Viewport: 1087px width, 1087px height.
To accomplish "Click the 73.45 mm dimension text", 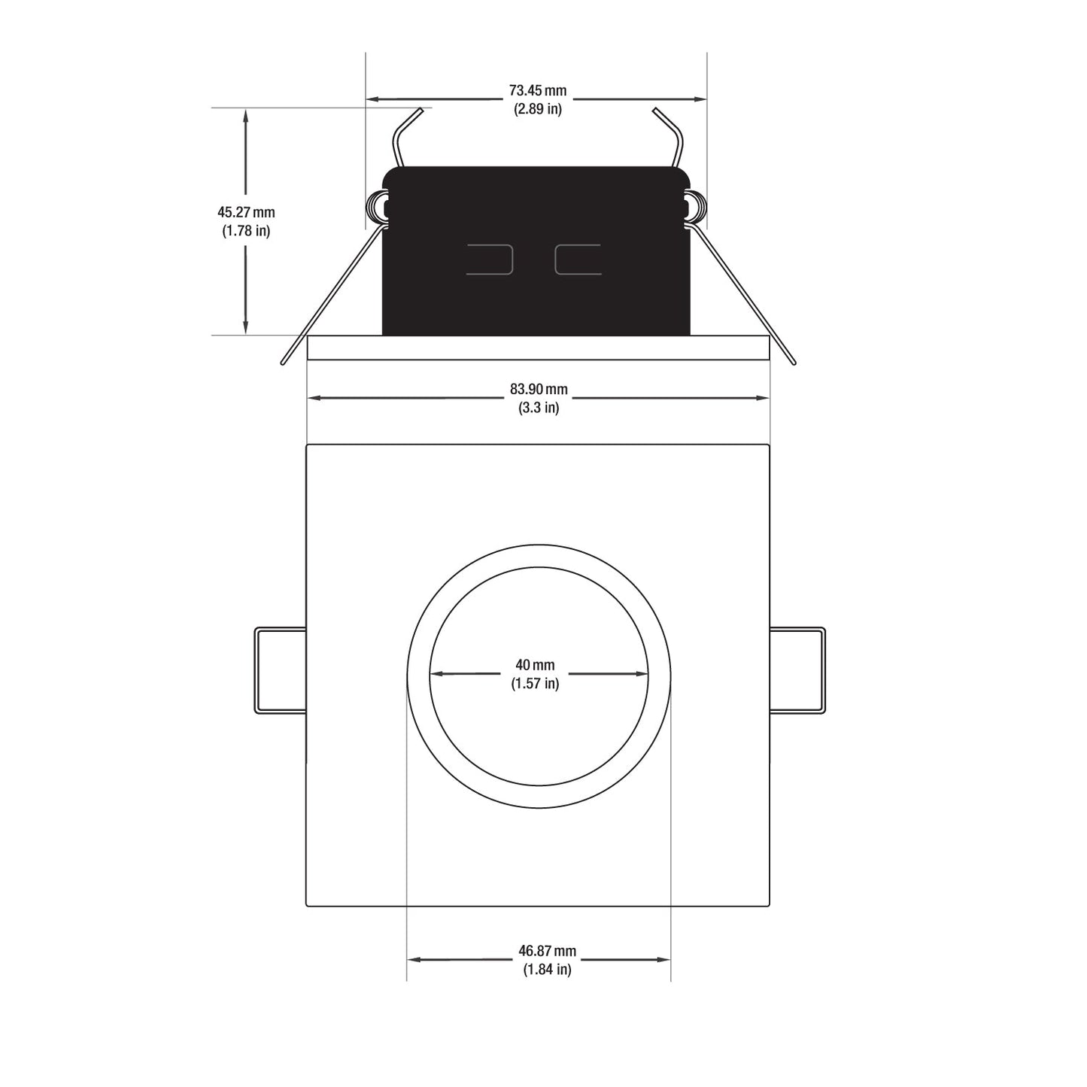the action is pos(538,90).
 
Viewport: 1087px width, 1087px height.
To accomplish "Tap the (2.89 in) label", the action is pos(538,109).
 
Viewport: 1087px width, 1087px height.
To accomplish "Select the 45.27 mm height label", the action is pos(246,212).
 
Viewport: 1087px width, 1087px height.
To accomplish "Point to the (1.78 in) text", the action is pos(246,231).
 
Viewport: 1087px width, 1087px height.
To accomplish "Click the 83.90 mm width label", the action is pos(539,389).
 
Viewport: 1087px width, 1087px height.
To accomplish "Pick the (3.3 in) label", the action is pos(539,408).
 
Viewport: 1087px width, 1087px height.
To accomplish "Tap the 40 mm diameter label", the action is pos(535,665).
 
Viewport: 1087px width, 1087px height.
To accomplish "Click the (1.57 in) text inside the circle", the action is pos(535,684).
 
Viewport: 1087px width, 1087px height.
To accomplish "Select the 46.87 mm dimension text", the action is pos(547,951).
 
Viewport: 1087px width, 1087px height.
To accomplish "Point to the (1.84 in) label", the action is pos(547,970).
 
